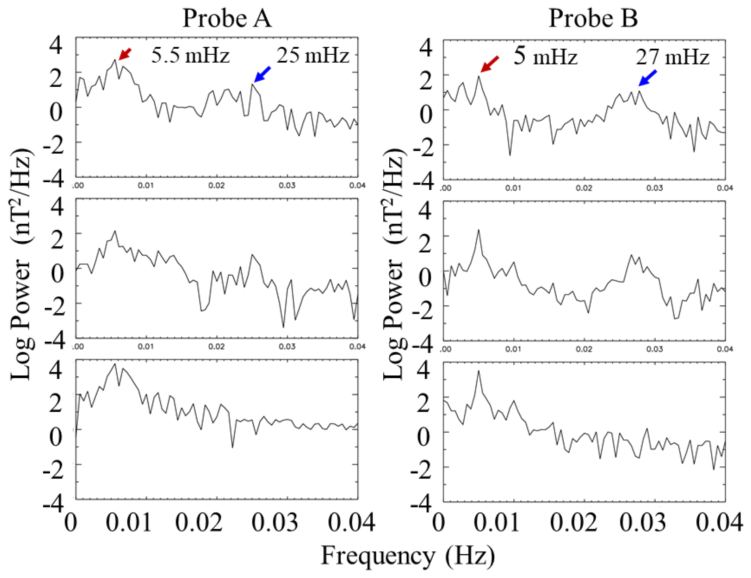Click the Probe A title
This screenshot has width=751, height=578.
227,18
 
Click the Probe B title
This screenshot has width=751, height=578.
593,18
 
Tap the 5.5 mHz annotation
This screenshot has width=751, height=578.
190,55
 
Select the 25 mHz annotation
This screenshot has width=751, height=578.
313,55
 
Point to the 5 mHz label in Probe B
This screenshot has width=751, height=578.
545,56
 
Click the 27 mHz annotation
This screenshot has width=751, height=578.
672,57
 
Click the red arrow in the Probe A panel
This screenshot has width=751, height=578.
125,54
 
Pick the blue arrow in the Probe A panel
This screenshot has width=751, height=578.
262,74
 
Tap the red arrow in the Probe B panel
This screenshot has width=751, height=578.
489,64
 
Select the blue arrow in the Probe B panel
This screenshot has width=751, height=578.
648,78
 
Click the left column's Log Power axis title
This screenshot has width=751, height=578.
21,264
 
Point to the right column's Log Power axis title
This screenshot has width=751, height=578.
393,264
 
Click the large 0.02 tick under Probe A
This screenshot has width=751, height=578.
199,522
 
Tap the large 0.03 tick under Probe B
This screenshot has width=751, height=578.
643,522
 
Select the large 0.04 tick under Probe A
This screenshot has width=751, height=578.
351,522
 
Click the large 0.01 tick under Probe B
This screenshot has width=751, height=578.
496,522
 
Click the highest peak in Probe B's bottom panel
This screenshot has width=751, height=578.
478,371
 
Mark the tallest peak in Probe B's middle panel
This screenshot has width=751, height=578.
478,230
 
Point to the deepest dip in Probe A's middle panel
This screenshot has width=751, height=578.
283,327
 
